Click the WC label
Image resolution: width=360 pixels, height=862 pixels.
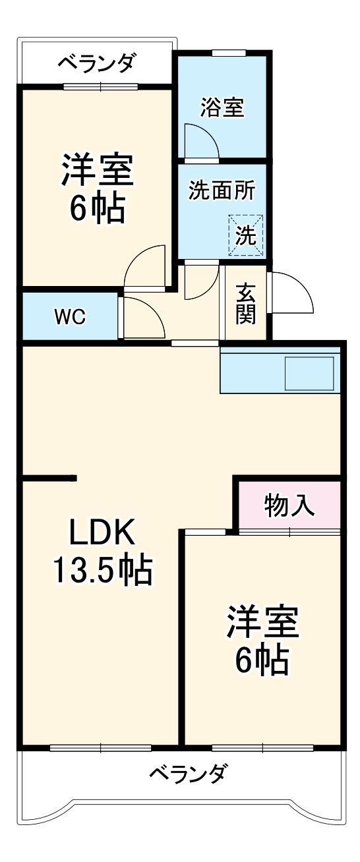(69, 317)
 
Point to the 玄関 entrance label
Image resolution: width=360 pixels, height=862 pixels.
(246, 303)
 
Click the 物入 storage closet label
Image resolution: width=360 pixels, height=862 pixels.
(289, 505)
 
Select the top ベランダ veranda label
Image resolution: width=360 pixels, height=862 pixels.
(97, 65)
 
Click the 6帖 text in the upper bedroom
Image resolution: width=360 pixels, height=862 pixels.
(98, 210)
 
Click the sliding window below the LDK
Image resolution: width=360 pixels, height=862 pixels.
(100, 747)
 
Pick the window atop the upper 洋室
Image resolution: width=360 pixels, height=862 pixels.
(101, 86)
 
